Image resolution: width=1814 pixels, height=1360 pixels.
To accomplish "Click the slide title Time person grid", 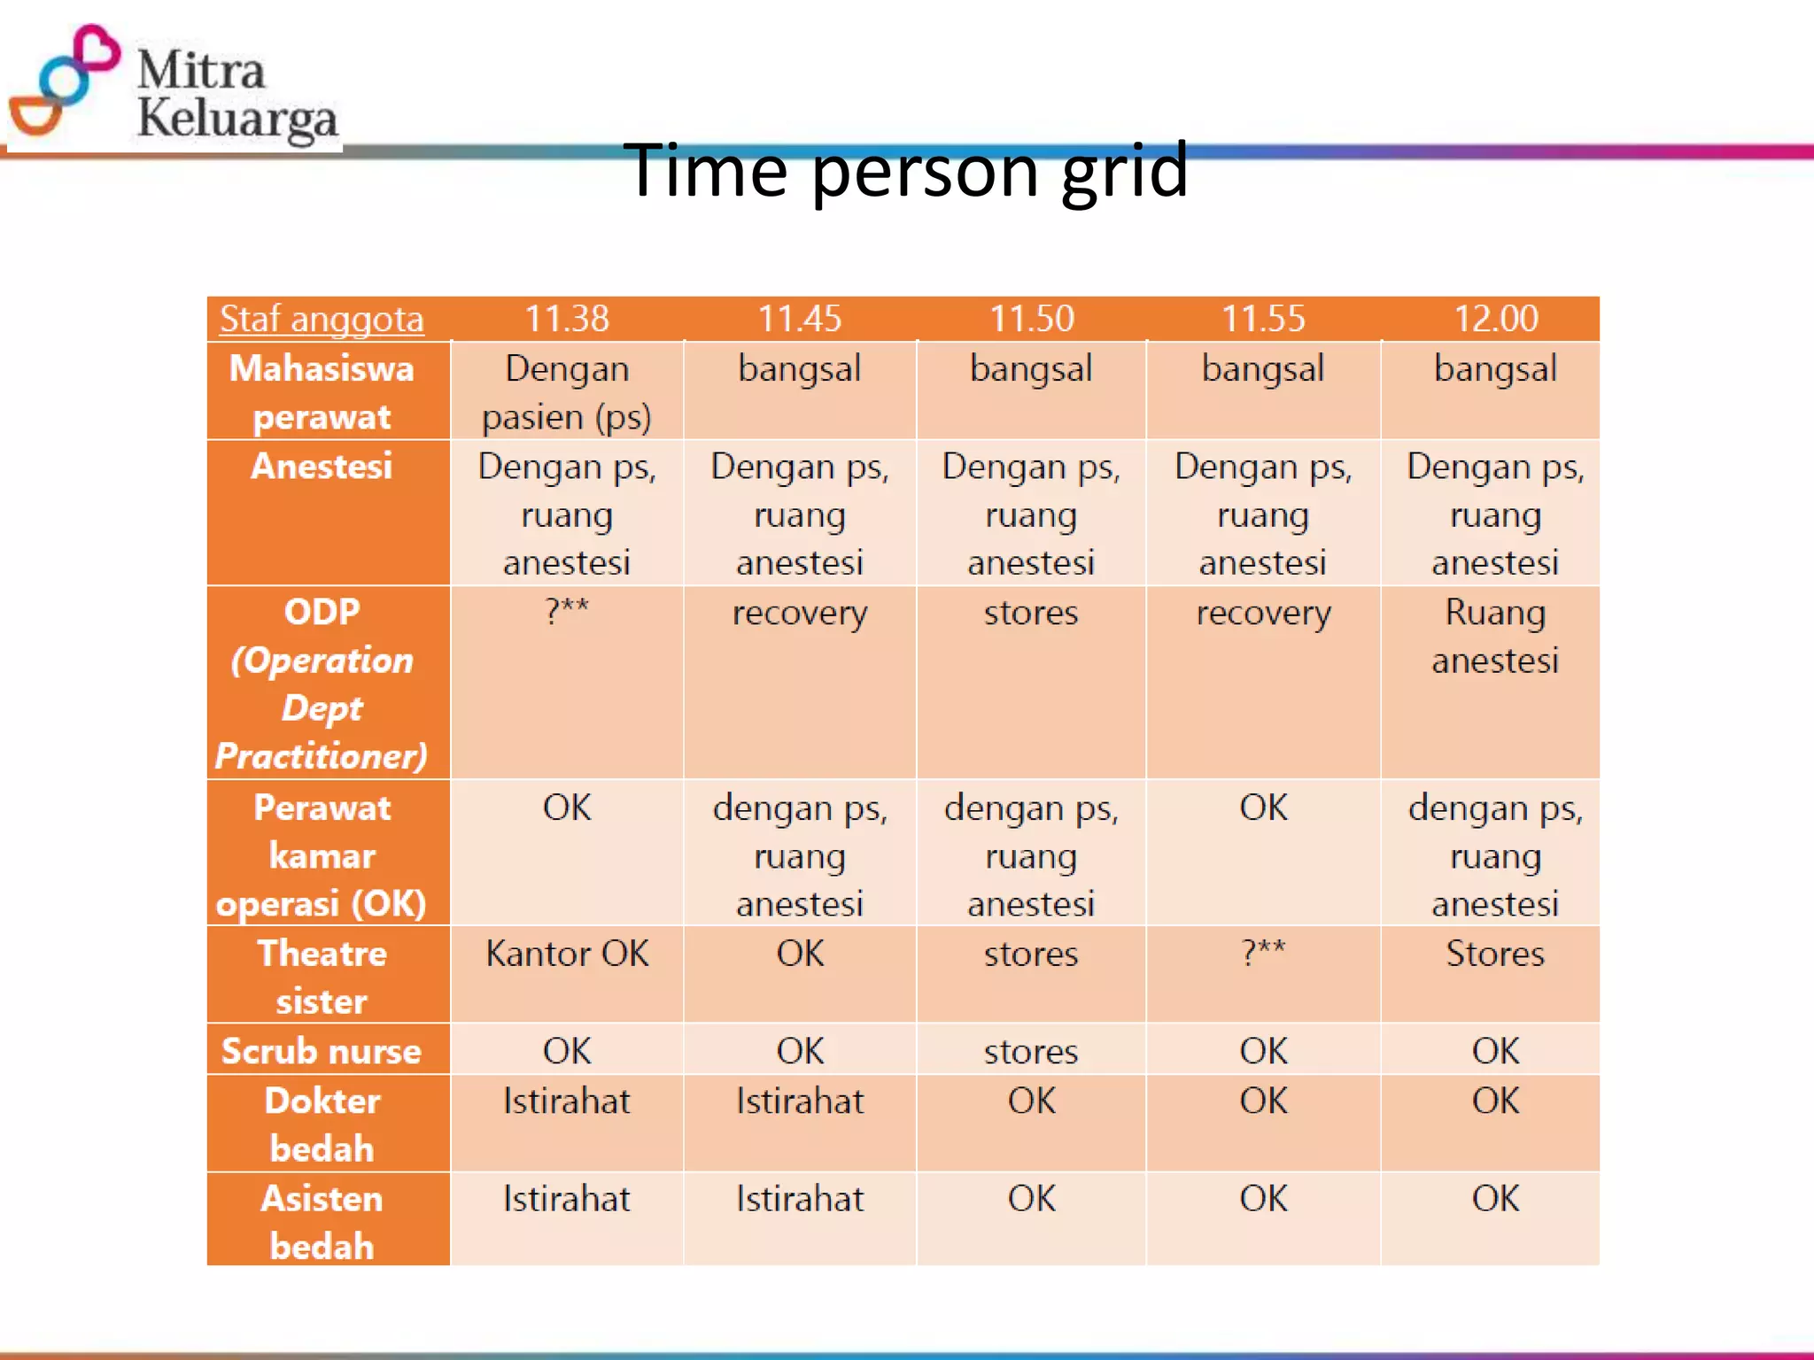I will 905,170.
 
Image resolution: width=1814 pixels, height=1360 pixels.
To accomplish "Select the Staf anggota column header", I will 322,319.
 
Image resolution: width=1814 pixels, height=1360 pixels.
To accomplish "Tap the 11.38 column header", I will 567,319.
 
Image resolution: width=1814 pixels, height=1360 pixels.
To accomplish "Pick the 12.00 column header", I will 1495,319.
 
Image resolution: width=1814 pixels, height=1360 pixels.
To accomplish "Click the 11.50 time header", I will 1031,319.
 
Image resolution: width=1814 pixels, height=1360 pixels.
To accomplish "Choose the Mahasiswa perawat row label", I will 322,391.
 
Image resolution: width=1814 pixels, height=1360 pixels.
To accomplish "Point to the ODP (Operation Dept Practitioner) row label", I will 322,683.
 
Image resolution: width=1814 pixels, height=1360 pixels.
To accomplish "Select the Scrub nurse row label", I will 322,1051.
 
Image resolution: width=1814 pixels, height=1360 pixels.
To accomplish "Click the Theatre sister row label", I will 322,977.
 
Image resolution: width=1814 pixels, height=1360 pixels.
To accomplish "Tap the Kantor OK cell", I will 567,954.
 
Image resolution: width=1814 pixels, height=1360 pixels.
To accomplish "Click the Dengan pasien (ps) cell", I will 567,391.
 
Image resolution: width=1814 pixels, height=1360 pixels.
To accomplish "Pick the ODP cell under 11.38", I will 567,611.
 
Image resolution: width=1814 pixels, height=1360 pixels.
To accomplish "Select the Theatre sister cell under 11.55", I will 1263,953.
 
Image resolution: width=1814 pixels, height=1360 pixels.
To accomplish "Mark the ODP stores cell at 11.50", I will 1031,613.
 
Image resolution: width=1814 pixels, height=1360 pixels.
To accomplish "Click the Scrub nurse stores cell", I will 1031,1052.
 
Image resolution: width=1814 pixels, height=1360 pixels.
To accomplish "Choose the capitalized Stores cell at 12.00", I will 1495,954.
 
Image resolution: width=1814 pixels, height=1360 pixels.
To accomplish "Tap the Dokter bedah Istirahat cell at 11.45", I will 800,1101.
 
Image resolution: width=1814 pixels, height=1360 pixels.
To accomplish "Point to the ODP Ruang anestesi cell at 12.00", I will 1495,636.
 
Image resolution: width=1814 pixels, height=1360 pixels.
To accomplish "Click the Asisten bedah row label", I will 322,1222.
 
